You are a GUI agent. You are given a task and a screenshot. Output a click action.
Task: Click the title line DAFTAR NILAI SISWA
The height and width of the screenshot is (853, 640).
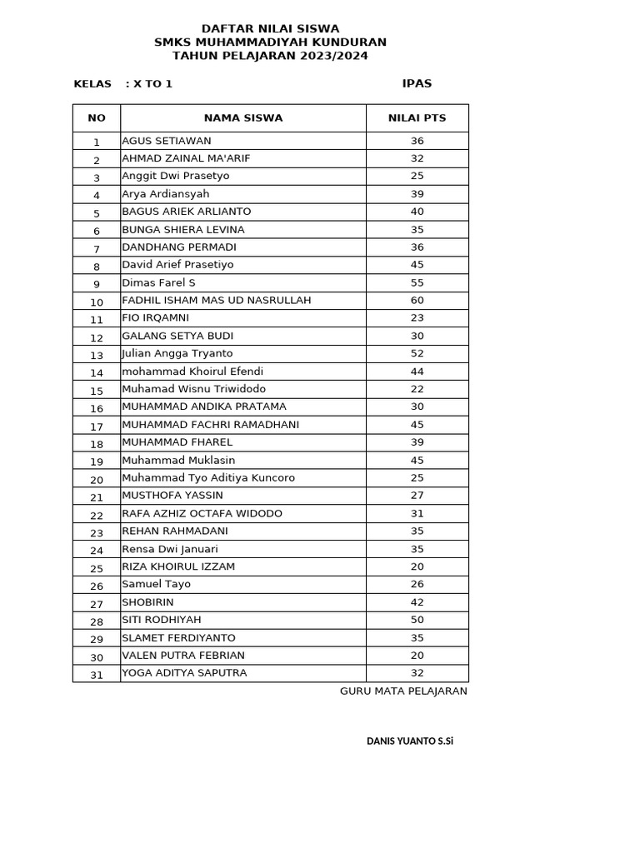coord(270,28)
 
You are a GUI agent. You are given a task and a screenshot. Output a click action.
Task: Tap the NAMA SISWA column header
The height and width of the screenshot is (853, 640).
coord(243,118)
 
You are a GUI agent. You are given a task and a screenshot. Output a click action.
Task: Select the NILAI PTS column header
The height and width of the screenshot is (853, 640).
coord(417,118)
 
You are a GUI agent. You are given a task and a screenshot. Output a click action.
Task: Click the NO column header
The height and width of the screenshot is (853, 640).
coord(97,118)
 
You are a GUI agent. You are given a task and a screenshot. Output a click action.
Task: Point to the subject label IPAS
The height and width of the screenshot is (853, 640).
coord(417,83)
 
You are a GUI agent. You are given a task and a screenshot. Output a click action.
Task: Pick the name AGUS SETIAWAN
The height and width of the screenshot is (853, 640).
coord(167,141)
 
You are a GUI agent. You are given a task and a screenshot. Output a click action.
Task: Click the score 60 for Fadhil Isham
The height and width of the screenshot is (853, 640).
coord(417,300)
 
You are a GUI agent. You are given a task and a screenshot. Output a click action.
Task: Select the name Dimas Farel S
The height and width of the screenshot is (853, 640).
coord(158,282)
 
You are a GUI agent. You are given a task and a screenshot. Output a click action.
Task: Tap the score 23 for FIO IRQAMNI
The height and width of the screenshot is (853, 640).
coord(417,318)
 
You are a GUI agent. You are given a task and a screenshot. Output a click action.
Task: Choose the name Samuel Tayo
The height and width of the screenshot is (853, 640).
coord(156,584)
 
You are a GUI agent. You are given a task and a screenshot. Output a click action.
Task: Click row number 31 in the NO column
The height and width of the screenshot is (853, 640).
coord(97,675)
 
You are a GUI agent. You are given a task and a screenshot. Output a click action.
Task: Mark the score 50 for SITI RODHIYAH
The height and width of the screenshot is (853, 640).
coord(417,620)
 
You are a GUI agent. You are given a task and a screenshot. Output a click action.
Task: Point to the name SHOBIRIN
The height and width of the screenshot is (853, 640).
coord(147,602)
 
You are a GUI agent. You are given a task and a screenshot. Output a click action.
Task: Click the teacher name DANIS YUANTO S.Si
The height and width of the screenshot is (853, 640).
coord(410,741)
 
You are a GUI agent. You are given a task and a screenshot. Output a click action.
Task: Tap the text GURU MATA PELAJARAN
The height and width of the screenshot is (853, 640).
coord(403,691)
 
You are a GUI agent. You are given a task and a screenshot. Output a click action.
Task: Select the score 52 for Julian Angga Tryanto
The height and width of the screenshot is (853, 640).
coord(417,353)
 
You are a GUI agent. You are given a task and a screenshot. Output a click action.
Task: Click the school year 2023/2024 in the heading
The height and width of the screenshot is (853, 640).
coord(335,56)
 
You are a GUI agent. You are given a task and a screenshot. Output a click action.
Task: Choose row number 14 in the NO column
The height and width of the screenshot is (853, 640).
coord(97,373)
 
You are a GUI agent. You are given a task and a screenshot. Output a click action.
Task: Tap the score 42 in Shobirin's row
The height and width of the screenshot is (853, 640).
coord(417,602)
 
